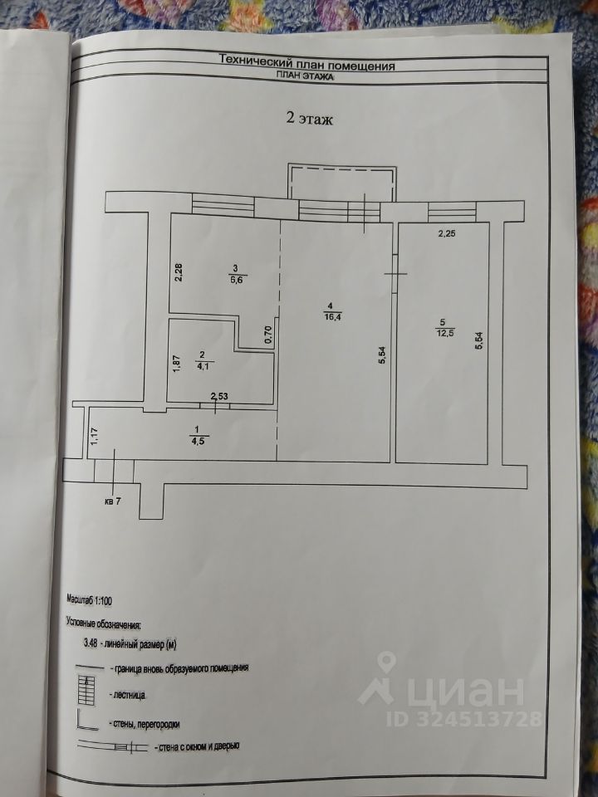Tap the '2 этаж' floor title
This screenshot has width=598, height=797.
click(x=310, y=119)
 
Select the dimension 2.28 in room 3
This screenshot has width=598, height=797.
click(x=179, y=272)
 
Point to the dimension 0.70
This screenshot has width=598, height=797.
click(x=267, y=334)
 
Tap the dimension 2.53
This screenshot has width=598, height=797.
click(x=219, y=397)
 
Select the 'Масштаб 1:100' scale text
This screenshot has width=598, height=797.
click(x=96, y=598)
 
